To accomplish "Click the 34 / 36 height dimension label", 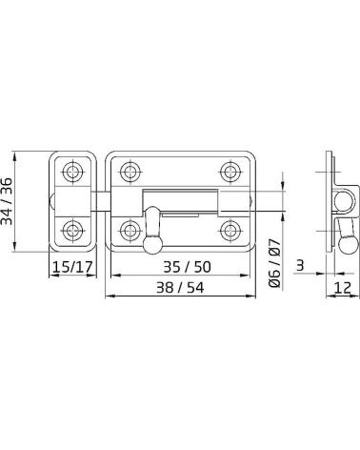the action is click(x=7, y=201).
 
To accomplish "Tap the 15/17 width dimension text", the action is click(x=72, y=267).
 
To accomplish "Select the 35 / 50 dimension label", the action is click(x=187, y=267).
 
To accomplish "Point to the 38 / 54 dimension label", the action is click(x=180, y=288).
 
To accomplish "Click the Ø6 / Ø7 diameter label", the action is click(x=275, y=263).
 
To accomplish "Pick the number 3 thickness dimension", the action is click(x=300, y=265).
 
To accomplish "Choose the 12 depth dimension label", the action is click(x=343, y=288).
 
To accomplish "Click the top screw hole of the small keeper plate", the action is click(x=72, y=172).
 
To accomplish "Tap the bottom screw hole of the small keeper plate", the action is click(x=72, y=231).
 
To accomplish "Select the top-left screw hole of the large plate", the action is click(x=130, y=172).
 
